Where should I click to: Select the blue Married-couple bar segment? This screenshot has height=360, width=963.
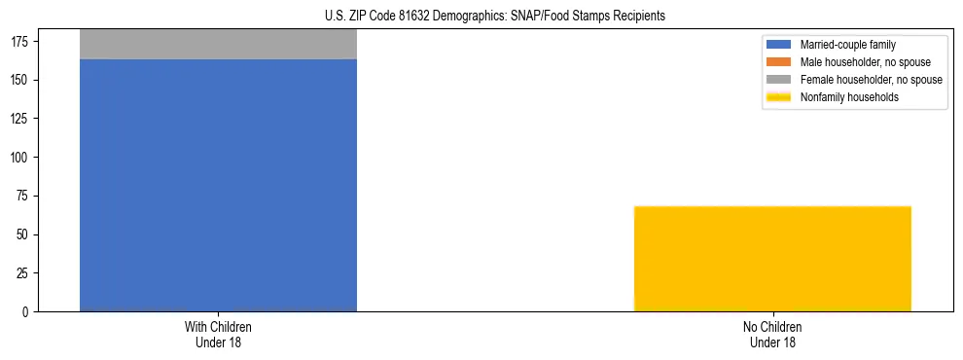(218, 185)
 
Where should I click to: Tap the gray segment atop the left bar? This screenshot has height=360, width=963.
(218, 45)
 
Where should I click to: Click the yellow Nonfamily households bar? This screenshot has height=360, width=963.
(772, 259)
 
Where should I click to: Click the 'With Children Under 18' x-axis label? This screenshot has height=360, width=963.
(218, 335)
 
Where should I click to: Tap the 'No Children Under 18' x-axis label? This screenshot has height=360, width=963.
(772, 335)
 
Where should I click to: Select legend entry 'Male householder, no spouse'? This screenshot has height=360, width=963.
(865, 62)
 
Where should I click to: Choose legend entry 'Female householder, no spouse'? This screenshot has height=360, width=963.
(871, 80)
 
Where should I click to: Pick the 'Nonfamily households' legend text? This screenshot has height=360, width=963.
(849, 97)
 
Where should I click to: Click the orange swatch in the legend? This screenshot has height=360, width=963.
(779, 62)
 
